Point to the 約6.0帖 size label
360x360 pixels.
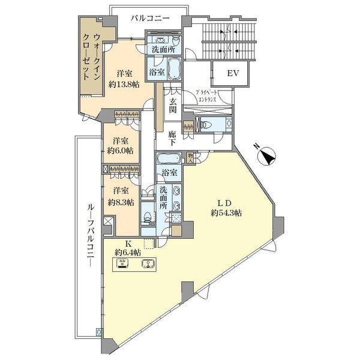coord(120,151)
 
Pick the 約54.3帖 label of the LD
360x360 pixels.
coord(226,213)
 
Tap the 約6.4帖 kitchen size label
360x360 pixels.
coord(128,253)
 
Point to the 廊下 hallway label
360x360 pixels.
coord(173,139)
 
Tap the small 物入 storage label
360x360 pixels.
coord(190,158)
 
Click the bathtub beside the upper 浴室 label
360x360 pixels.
coord(173,70)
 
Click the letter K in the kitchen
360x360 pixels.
coord(128,244)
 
